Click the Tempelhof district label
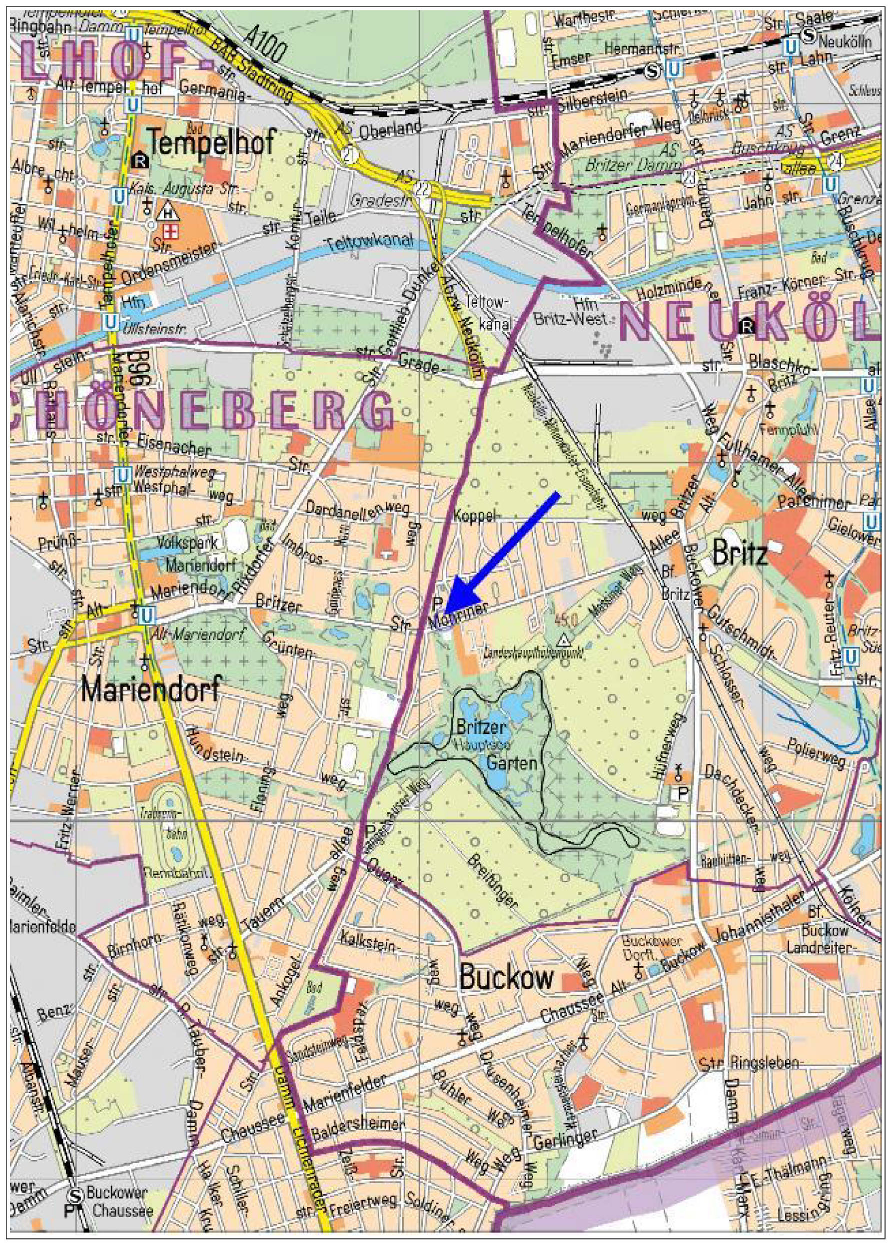(x=211, y=143)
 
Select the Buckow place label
(x=506, y=977)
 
